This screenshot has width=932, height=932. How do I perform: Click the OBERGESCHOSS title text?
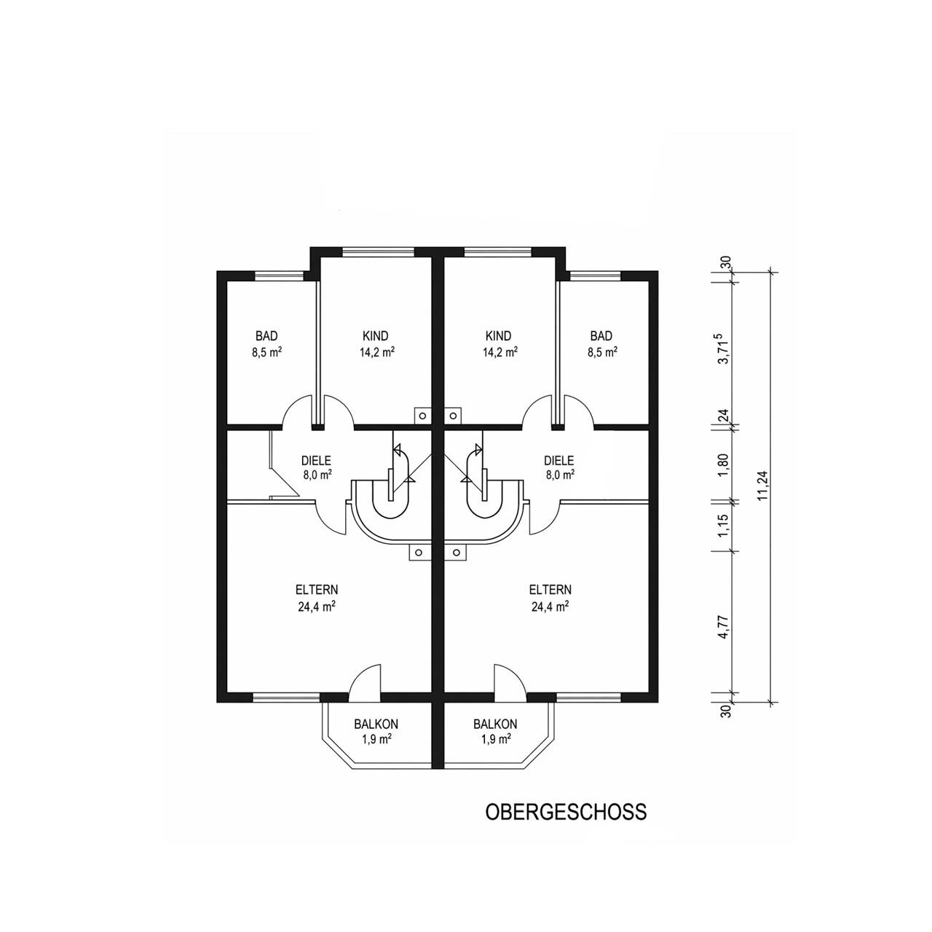566,813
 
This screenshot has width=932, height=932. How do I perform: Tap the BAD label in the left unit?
266,336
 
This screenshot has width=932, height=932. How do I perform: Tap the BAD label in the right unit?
601,336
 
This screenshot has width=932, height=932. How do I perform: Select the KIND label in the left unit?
376,336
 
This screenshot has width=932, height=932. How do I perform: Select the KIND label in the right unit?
499,336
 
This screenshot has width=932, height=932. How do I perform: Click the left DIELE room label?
317,461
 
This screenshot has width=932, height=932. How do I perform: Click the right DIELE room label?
559,461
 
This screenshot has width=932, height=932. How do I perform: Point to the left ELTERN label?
317,590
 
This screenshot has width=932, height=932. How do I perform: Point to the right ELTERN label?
550,590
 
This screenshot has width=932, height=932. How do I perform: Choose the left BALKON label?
376,724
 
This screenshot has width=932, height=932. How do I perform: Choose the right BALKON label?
495,724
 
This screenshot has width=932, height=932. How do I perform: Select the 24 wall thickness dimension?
724,416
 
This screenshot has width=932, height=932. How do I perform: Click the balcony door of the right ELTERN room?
508,680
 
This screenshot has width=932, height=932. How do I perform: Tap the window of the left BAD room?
280,275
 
